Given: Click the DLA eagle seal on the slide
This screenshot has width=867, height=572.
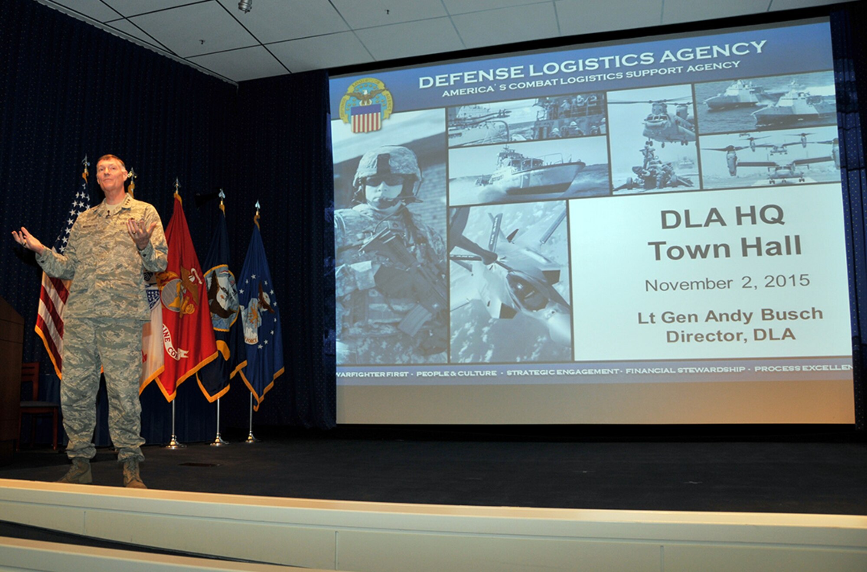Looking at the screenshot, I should tap(365, 105).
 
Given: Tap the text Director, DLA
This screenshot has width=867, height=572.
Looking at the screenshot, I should tap(730, 335).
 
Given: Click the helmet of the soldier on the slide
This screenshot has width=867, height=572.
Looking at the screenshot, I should tap(387, 163).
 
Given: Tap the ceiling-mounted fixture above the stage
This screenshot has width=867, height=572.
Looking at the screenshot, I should tap(245, 6).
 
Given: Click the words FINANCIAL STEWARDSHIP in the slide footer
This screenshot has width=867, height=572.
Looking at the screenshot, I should tap(685, 370).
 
